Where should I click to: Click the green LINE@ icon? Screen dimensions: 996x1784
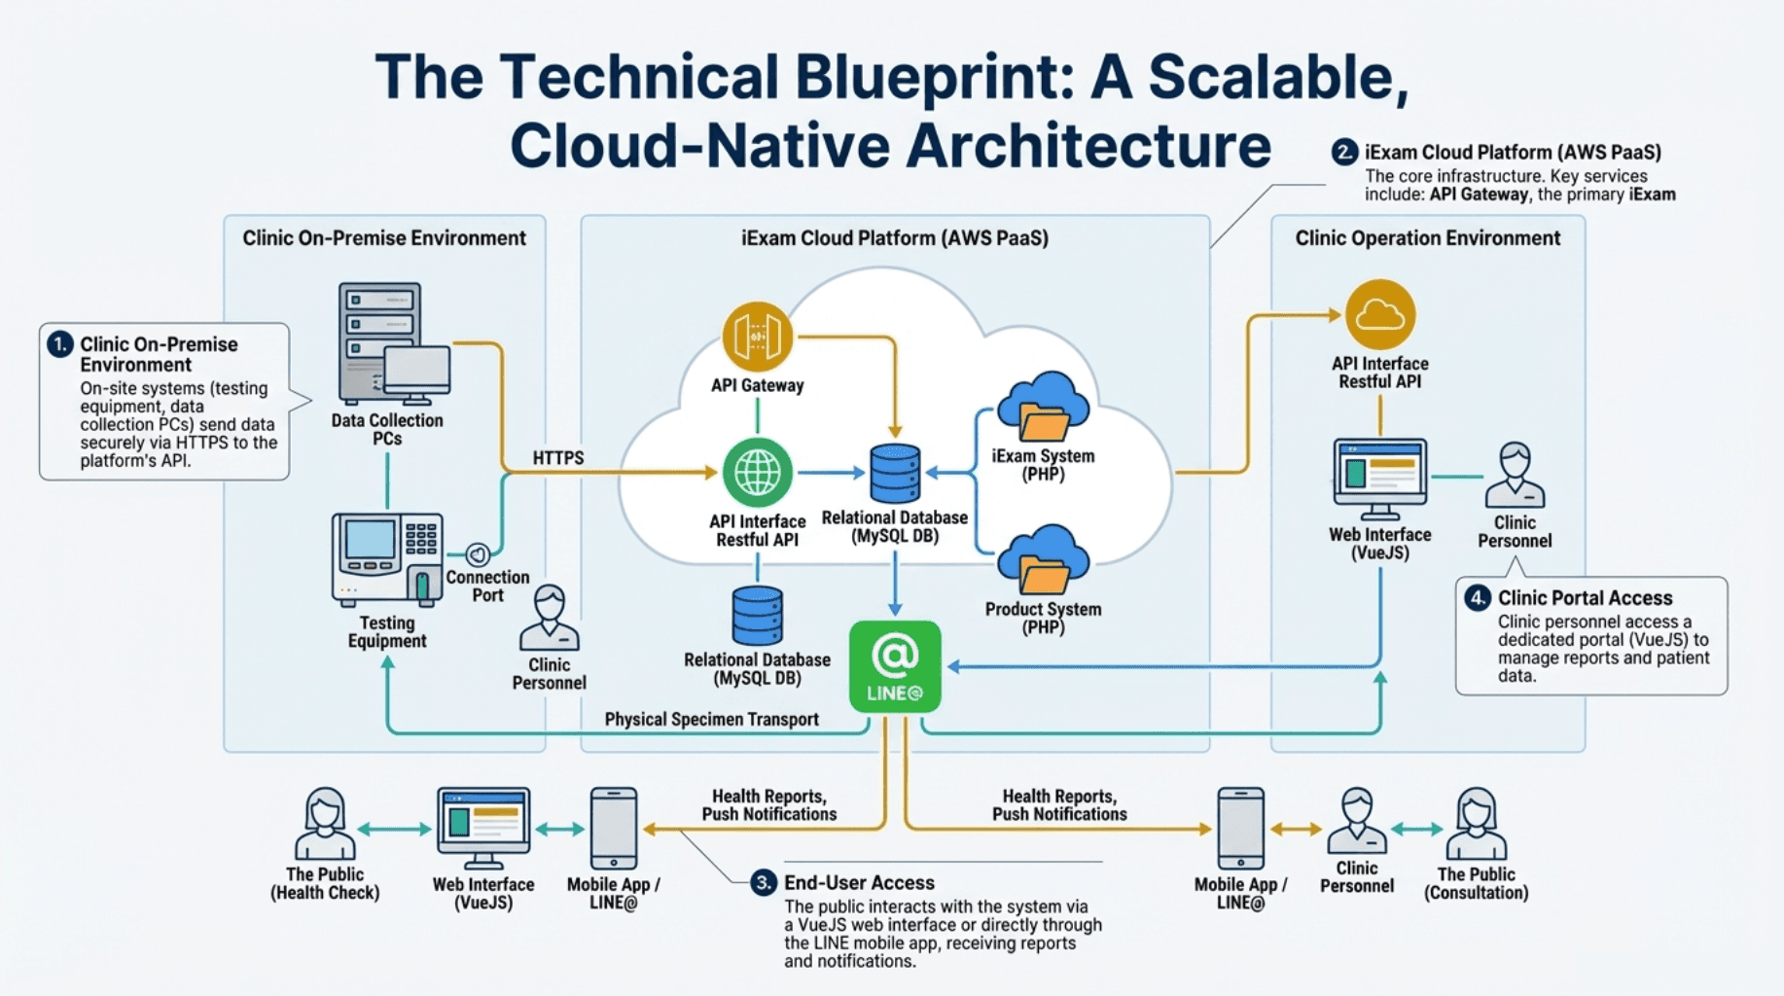pos(895,666)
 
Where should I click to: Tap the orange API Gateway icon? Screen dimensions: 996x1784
pos(757,337)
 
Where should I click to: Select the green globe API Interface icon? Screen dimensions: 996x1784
pos(757,473)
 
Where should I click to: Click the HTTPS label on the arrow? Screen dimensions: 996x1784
pos(558,458)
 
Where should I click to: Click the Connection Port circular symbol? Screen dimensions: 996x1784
pos(478,554)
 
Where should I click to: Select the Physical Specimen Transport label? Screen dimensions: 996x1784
pos(711,720)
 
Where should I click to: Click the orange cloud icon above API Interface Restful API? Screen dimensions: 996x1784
pos(1379,315)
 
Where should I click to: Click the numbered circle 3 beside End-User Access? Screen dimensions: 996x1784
pos(764,882)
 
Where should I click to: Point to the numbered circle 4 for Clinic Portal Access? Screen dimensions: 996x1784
pos(1478,597)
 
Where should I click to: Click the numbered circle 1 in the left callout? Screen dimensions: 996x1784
pos(60,344)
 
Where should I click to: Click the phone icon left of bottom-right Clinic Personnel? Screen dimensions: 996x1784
pos(1240,829)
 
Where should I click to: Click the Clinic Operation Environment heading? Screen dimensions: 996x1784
pos(1427,238)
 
